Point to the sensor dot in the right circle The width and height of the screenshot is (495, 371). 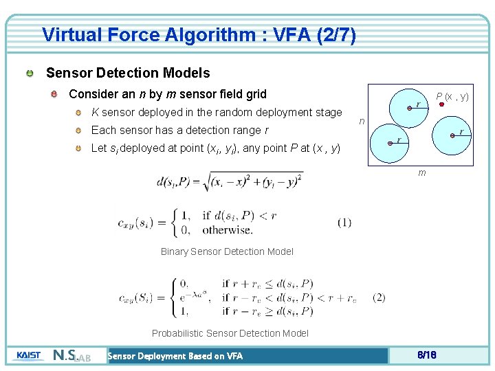point(452,136)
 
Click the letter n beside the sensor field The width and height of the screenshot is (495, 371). point(362,121)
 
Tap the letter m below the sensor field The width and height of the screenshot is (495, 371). point(422,172)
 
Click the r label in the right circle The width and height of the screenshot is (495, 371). point(461,131)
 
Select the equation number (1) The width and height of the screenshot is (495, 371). point(344,222)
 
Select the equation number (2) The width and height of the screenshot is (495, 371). point(378,297)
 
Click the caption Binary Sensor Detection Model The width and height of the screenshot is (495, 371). point(227,251)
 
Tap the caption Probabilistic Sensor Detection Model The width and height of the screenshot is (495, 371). point(230,333)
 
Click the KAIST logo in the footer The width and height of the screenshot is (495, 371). point(30,355)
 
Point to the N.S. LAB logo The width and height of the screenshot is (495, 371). point(71,356)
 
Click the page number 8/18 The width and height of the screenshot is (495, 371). point(427,355)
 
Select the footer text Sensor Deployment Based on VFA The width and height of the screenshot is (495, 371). point(175,356)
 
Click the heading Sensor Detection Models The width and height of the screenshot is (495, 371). point(128,73)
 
